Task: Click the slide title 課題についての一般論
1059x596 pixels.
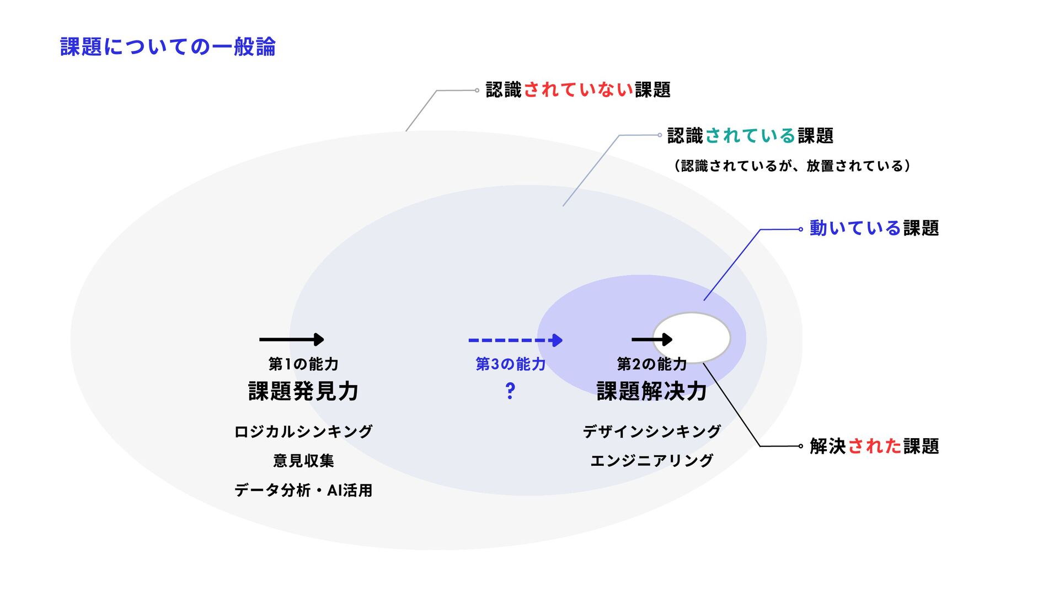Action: [x=168, y=47]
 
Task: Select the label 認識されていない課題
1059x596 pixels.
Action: [x=577, y=90]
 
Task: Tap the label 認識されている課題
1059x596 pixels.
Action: [x=750, y=136]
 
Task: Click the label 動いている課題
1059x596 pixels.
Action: [x=874, y=228]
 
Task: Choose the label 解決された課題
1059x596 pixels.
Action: [x=874, y=446]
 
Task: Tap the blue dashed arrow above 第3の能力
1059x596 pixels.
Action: [x=515, y=340]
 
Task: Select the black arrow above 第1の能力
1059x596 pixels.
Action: [x=291, y=339]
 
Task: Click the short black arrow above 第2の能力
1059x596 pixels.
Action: [x=651, y=339]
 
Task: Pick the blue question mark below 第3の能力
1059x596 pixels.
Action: [x=510, y=391]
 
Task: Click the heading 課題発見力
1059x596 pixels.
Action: [x=303, y=391]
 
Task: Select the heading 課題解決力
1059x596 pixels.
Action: [x=651, y=391]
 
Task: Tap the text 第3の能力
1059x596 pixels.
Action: [x=510, y=364]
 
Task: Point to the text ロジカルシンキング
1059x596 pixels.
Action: [x=303, y=432]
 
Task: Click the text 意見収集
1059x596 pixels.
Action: [x=303, y=461]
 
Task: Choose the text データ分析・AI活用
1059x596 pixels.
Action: [x=303, y=490]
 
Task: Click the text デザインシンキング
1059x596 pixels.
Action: [x=651, y=432]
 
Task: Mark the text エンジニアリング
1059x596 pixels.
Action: [x=651, y=461]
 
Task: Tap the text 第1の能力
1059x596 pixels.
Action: [x=303, y=364]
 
